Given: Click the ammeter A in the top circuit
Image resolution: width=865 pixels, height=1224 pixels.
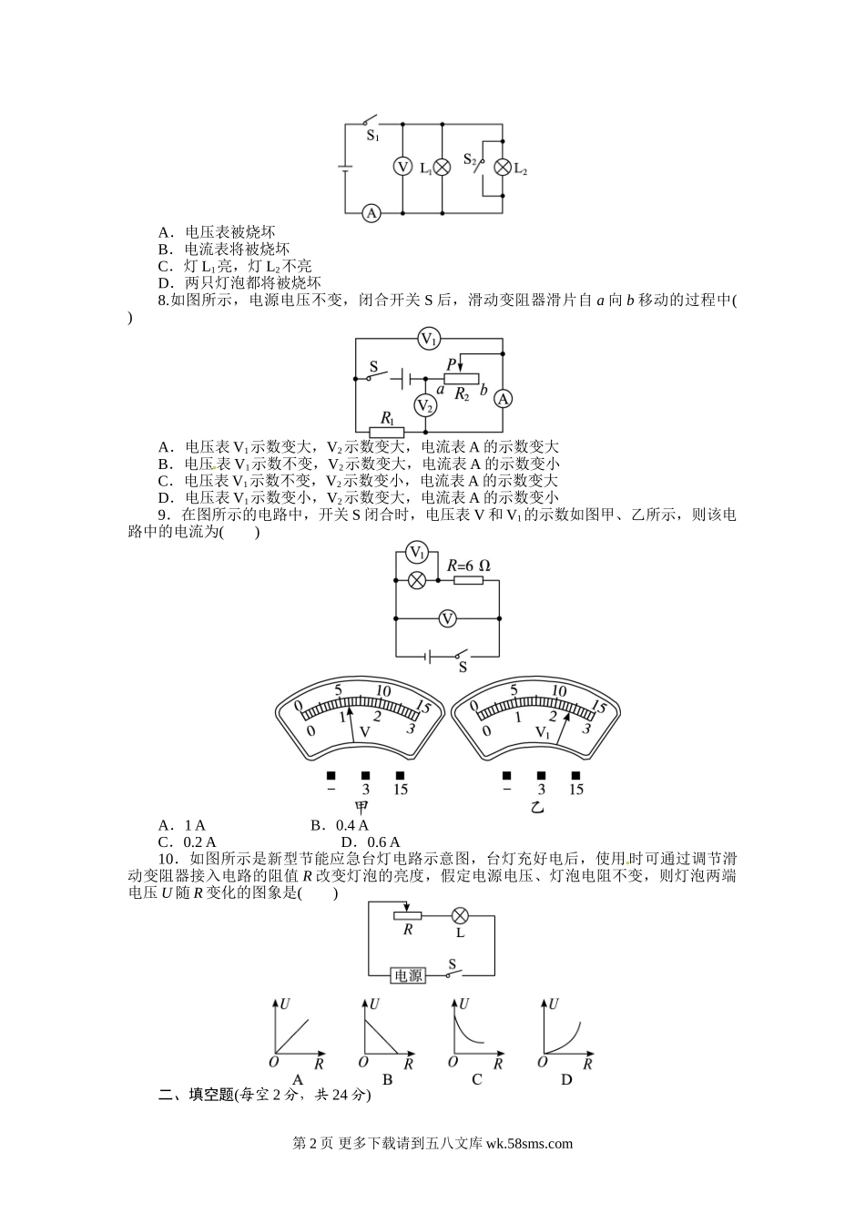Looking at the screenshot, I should pos(371,213).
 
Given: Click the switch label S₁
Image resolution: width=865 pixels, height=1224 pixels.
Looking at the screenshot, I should pos(372,137).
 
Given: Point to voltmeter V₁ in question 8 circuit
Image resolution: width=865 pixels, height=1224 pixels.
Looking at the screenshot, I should pos(429,339).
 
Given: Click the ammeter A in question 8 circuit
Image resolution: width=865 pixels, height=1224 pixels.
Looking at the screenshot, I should pos(502,399).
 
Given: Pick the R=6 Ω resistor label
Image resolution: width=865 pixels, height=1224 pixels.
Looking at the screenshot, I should pos(468,566).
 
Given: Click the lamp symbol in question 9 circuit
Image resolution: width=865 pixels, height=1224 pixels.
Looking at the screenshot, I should pos(416,580).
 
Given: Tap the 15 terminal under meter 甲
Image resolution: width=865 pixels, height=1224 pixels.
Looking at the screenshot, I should pos(400,789).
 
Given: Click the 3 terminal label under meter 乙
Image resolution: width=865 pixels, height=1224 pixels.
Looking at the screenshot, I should pos(541,790).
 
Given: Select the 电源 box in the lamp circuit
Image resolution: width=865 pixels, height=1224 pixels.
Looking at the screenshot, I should pos(407,975).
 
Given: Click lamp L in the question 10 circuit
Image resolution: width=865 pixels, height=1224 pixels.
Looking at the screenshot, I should pos(460,915).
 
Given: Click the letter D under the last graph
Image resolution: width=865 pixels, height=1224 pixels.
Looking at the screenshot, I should pos(565,1080).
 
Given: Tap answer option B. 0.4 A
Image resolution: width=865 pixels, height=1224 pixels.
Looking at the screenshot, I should pos(339,826).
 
